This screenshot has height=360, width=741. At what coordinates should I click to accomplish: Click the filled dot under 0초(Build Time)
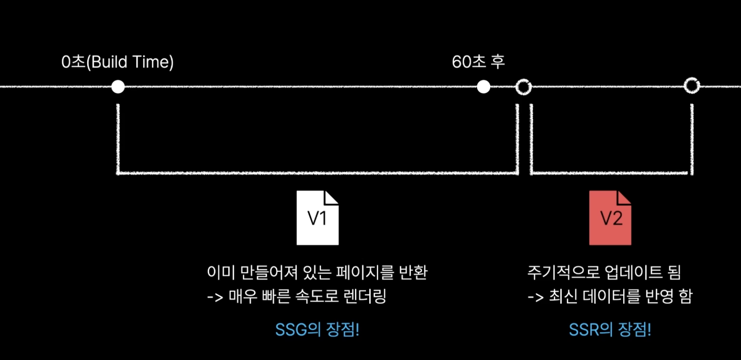(x=118, y=86)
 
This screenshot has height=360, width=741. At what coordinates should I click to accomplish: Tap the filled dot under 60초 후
(x=483, y=86)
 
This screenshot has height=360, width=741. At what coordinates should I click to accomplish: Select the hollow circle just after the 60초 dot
(x=524, y=87)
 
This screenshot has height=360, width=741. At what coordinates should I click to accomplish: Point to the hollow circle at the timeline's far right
(x=692, y=85)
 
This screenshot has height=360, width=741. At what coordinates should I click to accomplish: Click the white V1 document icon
(x=318, y=218)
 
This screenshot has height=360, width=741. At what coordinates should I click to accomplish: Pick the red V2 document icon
(x=610, y=218)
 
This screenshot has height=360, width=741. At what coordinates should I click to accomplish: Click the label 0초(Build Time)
(x=117, y=62)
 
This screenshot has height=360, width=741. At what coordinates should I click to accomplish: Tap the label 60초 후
(x=478, y=62)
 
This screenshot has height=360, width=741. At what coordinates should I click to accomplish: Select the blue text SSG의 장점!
(x=317, y=329)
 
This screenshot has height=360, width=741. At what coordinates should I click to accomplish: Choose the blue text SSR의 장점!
(x=610, y=329)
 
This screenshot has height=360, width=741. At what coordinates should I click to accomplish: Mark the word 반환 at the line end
(x=413, y=272)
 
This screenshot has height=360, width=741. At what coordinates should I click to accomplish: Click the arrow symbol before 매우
(x=215, y=297)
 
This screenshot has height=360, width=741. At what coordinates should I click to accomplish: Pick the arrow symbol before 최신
(x=535, y=297)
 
